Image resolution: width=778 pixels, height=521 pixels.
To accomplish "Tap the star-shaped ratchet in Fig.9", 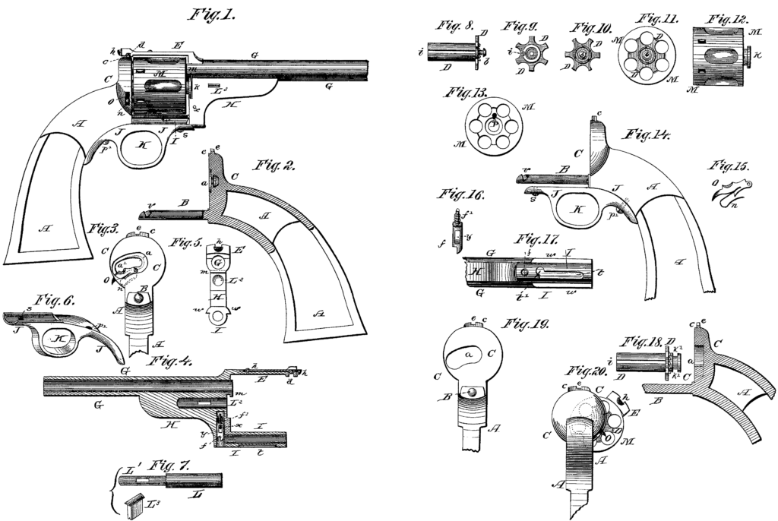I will pyautogui.click(x=526, y=54).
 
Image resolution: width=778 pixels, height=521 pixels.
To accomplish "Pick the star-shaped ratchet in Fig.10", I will pyautogui.click(x=581, y=55).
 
